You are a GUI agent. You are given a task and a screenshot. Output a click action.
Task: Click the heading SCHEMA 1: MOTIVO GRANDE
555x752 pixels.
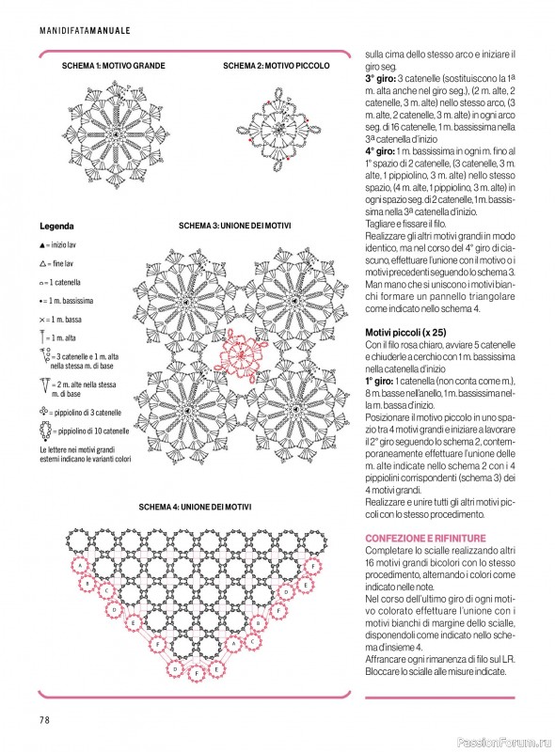point(113,67)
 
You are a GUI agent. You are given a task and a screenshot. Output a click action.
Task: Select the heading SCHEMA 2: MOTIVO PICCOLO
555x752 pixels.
point(277,67)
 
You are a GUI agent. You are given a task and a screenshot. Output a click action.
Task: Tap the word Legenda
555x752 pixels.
point(57,227)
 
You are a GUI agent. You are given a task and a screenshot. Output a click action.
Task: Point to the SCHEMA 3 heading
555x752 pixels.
point(234,227)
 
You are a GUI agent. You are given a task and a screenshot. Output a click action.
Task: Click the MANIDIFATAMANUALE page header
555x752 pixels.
point(86,31)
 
